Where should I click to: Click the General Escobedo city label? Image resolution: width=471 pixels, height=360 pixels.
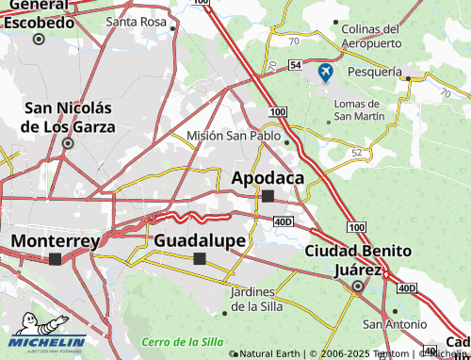[x=39, y=15]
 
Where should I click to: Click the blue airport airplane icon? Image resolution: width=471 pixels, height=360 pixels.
[x=326, y=72]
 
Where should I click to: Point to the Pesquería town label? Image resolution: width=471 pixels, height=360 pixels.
[x=374, y=72]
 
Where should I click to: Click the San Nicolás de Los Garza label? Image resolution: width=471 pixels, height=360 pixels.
[x=69, y=117]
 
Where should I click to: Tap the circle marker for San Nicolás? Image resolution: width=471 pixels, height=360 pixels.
[x=68, y=144]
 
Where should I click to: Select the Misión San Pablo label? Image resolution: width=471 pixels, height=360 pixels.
[x=234, y=136]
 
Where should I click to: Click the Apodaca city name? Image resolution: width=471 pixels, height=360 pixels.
[x=268, y=177]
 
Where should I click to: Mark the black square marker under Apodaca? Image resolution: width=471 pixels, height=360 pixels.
[x=268, y=196]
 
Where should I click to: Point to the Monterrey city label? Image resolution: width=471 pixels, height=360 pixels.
[x=55, y=240]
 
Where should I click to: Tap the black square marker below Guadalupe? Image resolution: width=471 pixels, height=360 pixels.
[x=199, y=258]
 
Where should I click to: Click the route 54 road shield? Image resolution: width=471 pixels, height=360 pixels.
[x=296, y=64]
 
